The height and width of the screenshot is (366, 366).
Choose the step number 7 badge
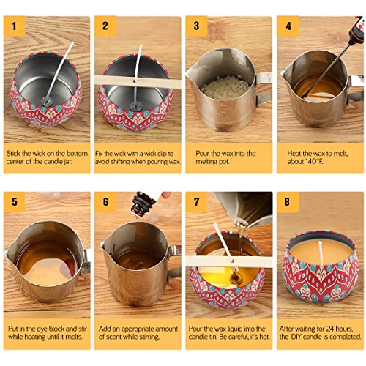pos(195,202)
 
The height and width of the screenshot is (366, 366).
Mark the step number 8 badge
pos(287,202)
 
